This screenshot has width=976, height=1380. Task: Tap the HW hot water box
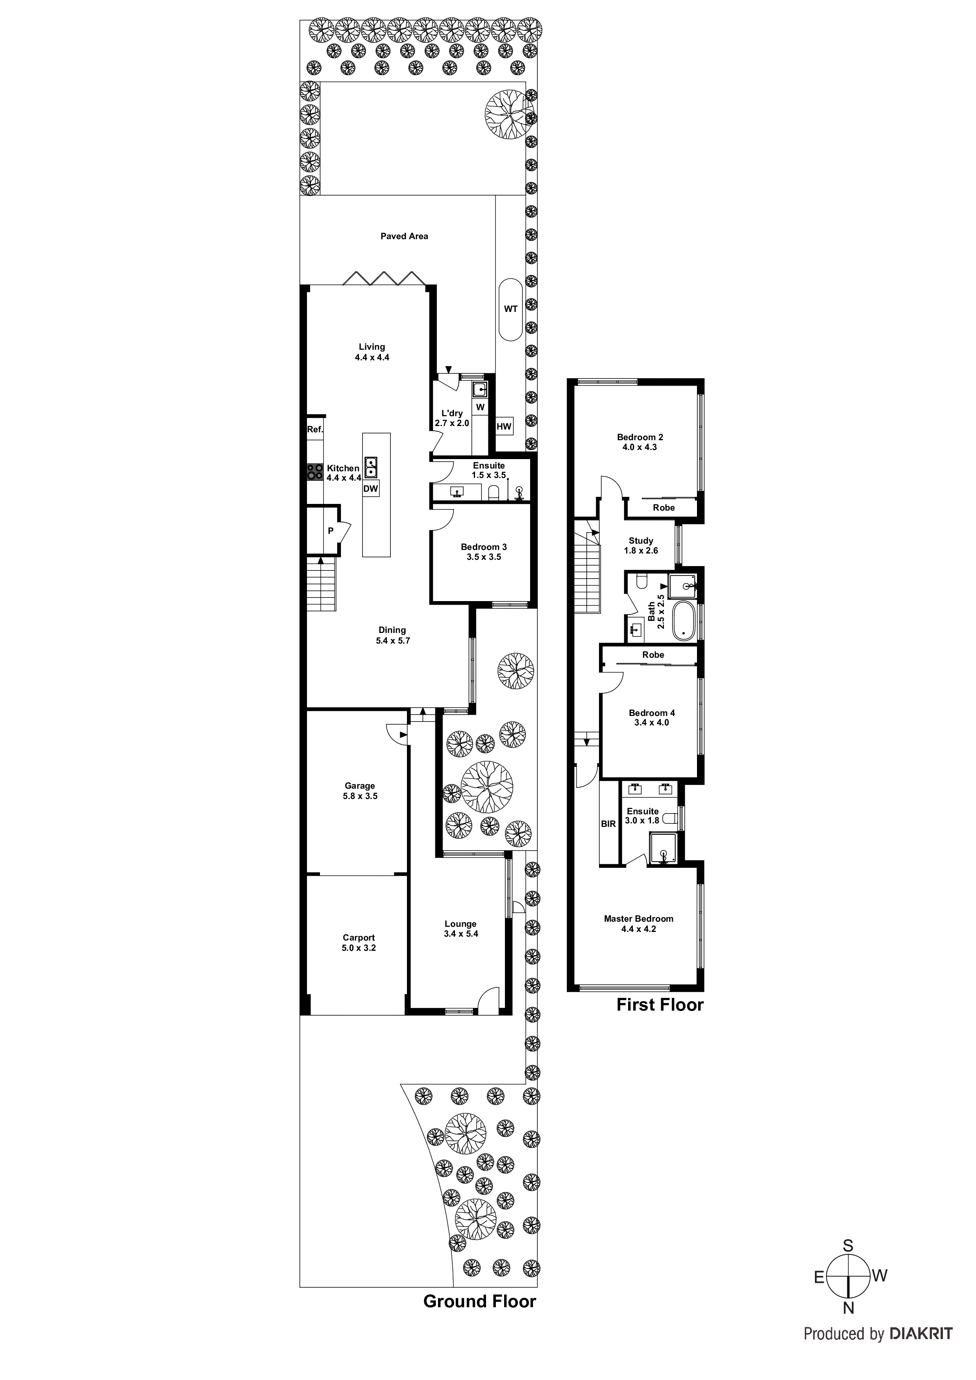tap(504, 427)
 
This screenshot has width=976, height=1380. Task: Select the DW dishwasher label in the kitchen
tap(370, 489)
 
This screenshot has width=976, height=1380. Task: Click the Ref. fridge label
tap(315, 429)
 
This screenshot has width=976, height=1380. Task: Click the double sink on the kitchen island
tap(371, 467)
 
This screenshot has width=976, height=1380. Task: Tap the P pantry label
tap(330, 531)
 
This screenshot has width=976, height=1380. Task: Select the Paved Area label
tap(404, 236)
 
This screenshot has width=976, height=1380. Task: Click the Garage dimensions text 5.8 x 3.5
tap(360, 796)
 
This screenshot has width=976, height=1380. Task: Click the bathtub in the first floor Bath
tap(683, 620)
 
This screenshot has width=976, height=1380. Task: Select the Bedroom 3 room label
tap(484, 546)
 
